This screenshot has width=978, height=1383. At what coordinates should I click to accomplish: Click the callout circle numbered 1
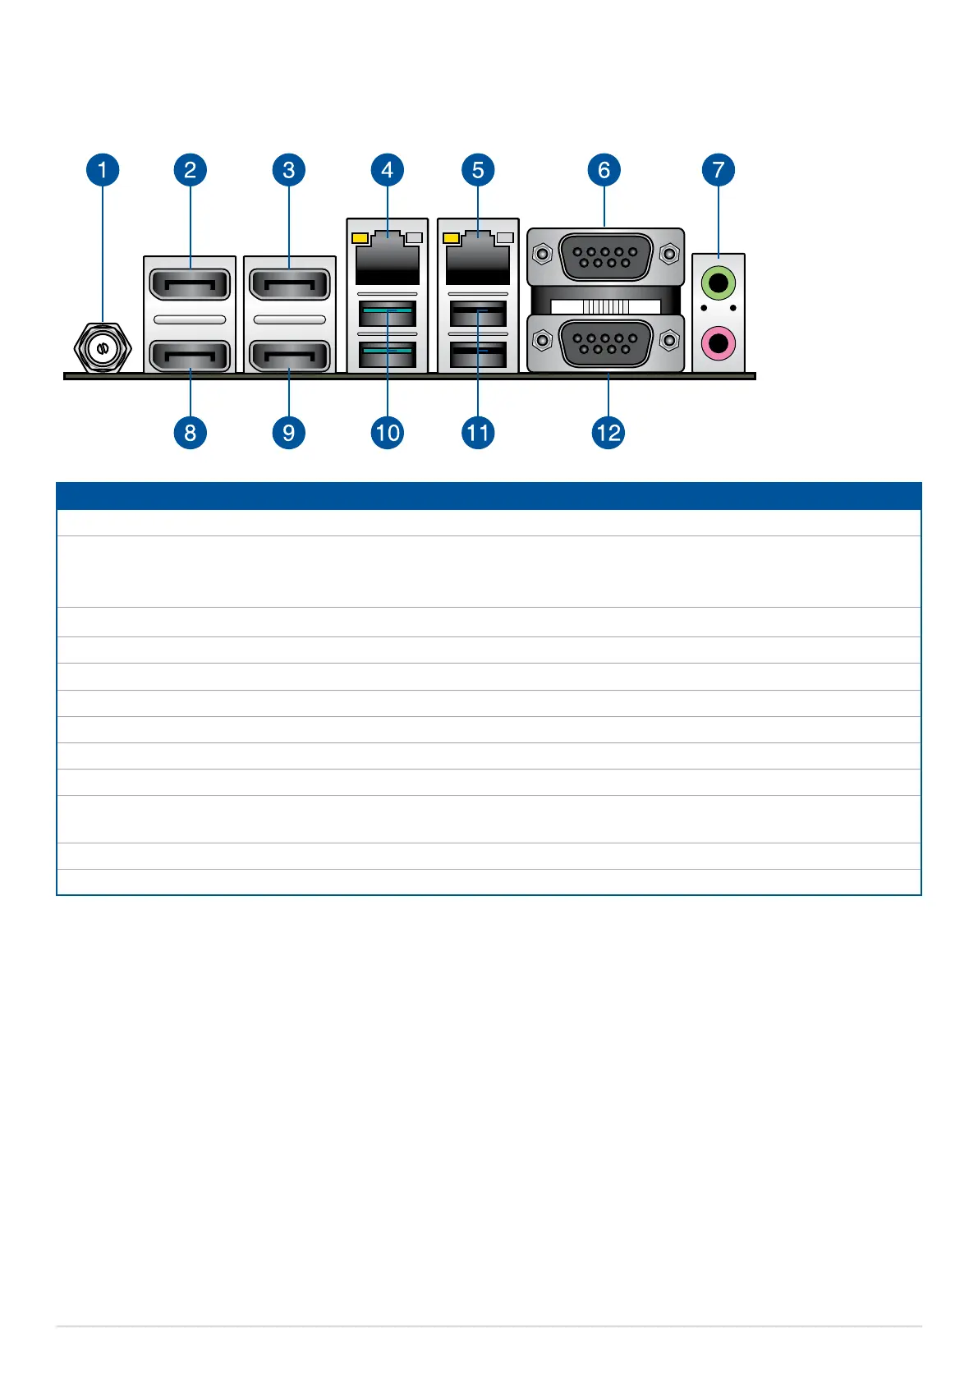(x=103, y=170)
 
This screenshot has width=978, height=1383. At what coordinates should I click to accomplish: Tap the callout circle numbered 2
(x=190, y=170)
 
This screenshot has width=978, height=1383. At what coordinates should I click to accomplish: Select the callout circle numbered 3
(x=288, y=170)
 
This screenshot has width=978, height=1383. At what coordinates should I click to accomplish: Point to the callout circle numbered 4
(x=387, y=170)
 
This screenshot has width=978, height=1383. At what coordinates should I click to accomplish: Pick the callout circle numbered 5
(x=478, y=170)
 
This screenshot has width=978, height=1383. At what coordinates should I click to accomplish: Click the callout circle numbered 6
(x=604, y=170)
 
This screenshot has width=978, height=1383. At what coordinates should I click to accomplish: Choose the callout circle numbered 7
(x=719, y=170)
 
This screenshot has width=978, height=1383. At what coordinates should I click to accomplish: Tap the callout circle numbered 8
(x=190, y=432)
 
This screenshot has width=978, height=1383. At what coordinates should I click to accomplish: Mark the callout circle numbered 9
(x=288, y=432)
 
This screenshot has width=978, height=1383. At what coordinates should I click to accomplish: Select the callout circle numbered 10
(x=387, y=432)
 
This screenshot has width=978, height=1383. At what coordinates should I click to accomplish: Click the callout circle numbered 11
(x=478, y=432)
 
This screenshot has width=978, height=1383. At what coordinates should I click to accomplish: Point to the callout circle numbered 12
(x=608, y=432)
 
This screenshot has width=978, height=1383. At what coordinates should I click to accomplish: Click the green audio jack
(x=719, y=285)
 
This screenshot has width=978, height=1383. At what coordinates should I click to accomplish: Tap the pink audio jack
(x=719, y=342)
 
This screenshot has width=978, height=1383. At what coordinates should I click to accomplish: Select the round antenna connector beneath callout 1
(x=103, y=348)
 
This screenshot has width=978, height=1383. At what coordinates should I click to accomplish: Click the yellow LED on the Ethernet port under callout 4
(x=360, y=238)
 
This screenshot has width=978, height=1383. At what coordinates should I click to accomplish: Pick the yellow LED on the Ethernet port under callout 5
(x=451, y=238)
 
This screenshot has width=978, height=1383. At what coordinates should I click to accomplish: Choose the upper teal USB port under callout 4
(x=387, y=313)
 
